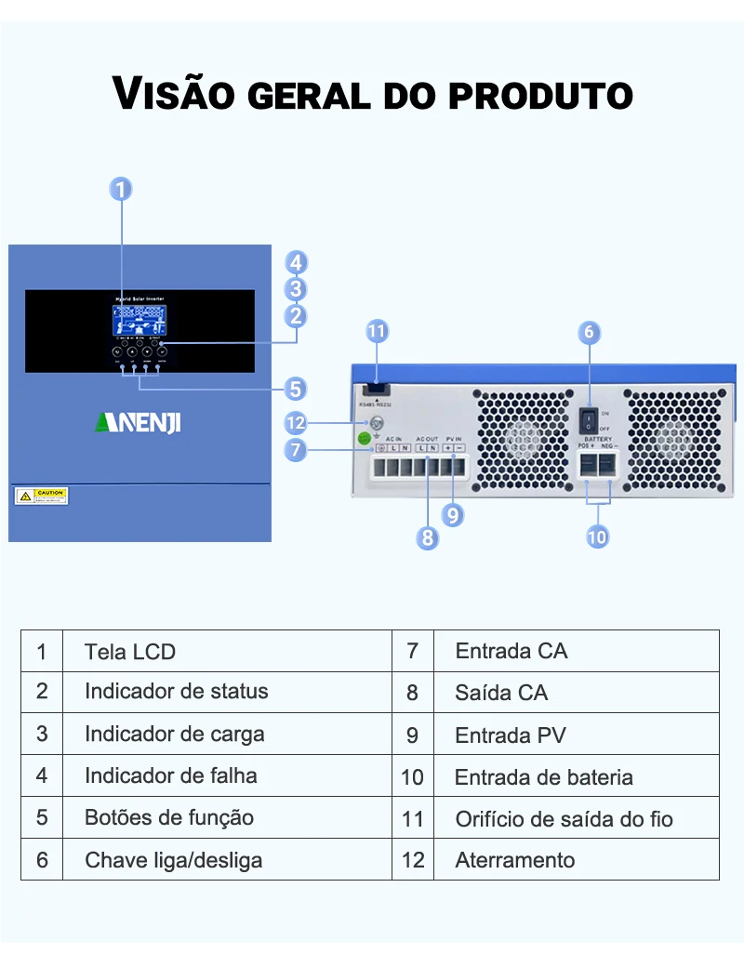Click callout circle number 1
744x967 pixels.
click(x=121, y=190)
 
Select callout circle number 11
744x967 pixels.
click(x=377, y=331)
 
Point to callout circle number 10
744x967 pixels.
click(x=597, y=536)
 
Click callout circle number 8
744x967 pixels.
click(x=427, y=537)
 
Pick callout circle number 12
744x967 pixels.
click(x=296, y=424)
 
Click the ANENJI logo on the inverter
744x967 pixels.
click(x=139, y=423)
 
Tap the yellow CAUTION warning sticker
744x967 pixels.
click(x=42, y=496)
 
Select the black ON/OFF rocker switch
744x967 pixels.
click(x=590, y=420)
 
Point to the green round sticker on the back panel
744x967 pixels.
click(x=366, y=439)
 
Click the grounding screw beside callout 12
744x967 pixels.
click(x=377, y=424)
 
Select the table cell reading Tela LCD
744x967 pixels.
click(x=130, y=652)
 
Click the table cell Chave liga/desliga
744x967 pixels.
click(x=174, y=860)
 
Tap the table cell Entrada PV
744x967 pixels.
click(x=511, y=735)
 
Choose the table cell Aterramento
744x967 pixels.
click(x=515, y=860)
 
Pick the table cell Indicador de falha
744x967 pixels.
click(x=171, y=775)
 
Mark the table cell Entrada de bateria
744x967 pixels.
click(x=544, y=777)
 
